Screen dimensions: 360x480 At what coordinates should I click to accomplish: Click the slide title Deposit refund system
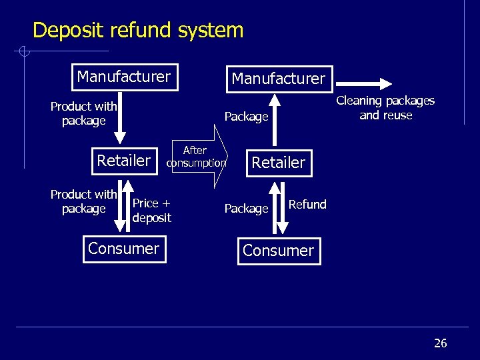(x=138, y=31)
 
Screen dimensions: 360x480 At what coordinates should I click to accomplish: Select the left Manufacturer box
(x=123, y=77)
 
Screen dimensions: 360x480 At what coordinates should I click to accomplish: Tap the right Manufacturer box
(x=278, y=79)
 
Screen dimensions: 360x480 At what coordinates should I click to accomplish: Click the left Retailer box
(x=124, y=161)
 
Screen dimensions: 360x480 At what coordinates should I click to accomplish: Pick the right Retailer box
(x=278, y=163)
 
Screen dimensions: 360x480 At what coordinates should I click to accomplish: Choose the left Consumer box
(x=123, y=249)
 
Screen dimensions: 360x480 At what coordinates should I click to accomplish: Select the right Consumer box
(x=278, y=251)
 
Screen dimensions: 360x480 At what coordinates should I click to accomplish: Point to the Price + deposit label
(x=152, y=210)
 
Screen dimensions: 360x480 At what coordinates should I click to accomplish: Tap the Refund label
(x=307, y=205)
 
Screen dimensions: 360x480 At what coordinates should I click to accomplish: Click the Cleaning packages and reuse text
(x=385, y=108)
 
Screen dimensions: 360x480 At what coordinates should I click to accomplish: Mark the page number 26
(x=440, y=343)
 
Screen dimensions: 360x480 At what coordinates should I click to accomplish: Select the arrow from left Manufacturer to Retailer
(x=123, y=117)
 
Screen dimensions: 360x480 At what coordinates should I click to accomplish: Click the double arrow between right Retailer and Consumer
(x=279, y=206)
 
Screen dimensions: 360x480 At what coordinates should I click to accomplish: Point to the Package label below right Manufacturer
(x=246, y=117)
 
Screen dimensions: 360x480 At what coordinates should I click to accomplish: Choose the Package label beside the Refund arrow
(x=246, y=209)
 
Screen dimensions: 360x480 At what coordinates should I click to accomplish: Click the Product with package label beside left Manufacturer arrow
(x=84, y=113)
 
